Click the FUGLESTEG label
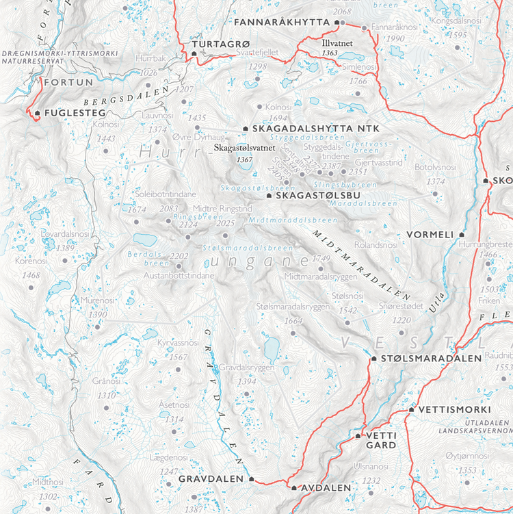(69, 112)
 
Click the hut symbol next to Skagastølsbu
(269, 196)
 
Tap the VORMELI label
(430, 234)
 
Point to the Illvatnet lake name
(339, 42)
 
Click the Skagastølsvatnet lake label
(244, 148)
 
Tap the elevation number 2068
(342, 12)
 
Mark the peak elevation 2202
(179, 255)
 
